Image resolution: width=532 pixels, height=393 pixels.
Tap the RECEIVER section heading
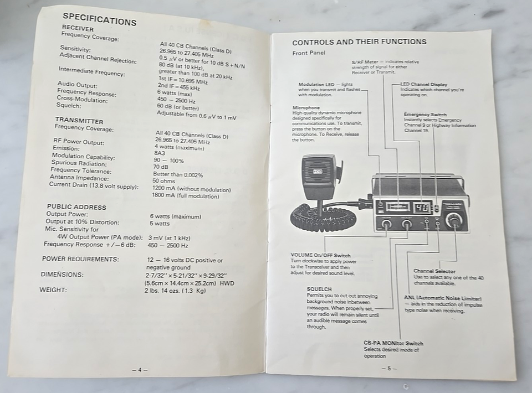pos(78,29)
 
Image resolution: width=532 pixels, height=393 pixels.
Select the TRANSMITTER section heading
pos(79,121)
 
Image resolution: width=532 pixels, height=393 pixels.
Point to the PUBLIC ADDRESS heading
pos(76,207)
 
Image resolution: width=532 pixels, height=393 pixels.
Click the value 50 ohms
pos(163,181)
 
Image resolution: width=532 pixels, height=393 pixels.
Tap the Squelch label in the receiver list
pos(69,105)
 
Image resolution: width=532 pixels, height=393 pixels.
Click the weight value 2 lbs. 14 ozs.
pos(175,291)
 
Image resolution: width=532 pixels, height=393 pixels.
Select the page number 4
pos(140,370)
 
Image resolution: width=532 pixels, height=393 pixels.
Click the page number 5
pos(388,368)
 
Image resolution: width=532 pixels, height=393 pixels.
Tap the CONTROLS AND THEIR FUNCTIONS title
pos(359,42)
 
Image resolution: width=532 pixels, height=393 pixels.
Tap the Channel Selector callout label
pos(434,271)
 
